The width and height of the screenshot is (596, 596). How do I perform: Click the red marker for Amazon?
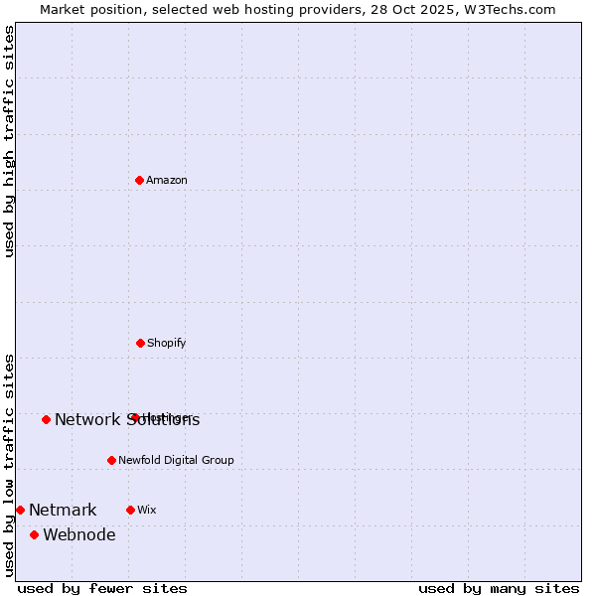click(x=140, y=180)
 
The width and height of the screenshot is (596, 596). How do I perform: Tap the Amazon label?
click(x=167, y=181)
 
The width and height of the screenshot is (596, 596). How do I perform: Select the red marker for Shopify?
click(x=140, y=343)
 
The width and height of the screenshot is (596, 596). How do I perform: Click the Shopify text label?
click(x=166, y=344)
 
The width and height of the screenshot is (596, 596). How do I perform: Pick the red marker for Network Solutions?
click(x=47, y=419)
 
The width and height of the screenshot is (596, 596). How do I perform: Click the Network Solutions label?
click(x=127, y=420)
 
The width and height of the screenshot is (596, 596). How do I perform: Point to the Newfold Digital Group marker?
click(x=111, y=460)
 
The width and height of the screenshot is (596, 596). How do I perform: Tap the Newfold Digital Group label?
click(x=176, y=461)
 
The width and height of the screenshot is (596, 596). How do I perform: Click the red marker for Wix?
click(x=130, y=510)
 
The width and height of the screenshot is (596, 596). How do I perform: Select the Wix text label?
click(x=147, y=511)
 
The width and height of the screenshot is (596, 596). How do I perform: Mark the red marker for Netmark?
click(x=20, y=510)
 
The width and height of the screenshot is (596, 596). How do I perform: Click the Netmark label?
click(x=63, y=511)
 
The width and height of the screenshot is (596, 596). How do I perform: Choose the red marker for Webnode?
click(x=35, y=534)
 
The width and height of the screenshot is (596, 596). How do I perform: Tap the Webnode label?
click(x=79, y=535)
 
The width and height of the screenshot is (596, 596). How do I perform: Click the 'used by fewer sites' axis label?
click(x=102, y=588)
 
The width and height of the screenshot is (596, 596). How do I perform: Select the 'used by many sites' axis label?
click(x=499, y=588)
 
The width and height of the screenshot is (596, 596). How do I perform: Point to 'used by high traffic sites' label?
click(x=9, y=141)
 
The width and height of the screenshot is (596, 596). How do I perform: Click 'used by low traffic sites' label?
click(x=9, y=464)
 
